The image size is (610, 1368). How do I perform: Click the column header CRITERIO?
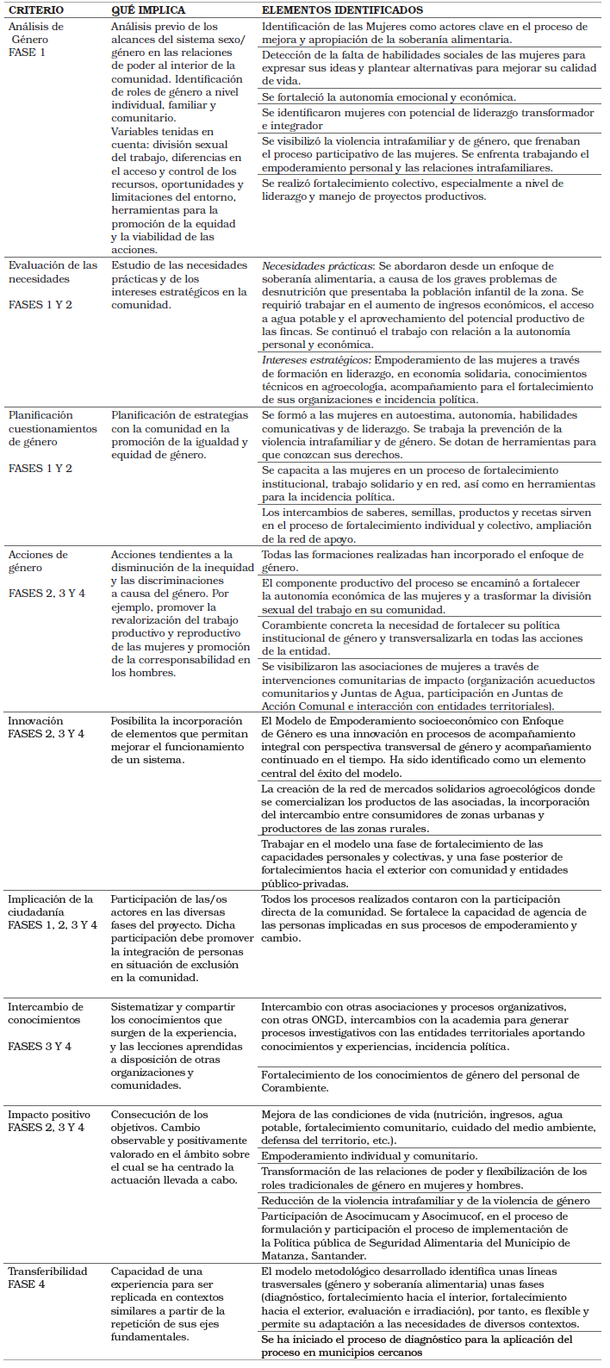pos(36,10)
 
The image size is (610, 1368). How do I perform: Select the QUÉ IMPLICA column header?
pos(147,10)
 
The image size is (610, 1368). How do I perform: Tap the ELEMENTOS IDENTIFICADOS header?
pos(342,10)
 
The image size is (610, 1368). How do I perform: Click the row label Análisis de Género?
pos(35,33)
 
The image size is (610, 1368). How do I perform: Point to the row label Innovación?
pos(35,721)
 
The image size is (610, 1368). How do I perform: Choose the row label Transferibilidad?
pos(47,1272)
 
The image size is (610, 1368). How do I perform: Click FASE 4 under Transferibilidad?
pos(27,1284)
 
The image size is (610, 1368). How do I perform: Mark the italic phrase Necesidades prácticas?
pos(317,266)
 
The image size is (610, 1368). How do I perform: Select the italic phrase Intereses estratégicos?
pos(316,360)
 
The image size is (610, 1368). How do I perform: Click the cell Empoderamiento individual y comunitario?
pos(369,1156)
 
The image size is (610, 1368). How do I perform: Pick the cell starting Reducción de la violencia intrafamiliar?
pos(426,1201)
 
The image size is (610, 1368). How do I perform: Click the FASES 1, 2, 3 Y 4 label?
pos(53,925)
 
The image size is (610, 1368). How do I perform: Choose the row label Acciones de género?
pos(38,561)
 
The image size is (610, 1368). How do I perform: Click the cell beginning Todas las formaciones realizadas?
pos(422,561)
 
